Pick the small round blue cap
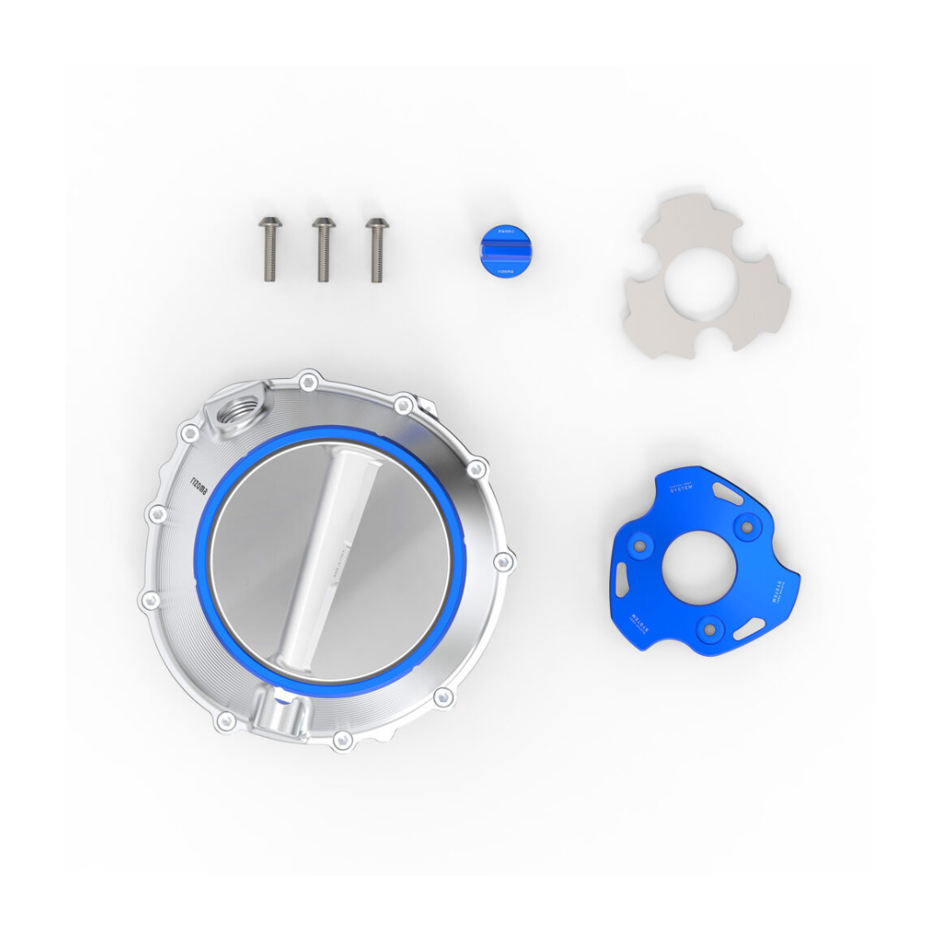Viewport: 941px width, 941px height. click(x=501, y=251)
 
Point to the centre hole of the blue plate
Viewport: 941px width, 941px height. click(x=699, y=571)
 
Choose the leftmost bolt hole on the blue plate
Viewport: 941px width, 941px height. click(x=640, y=546)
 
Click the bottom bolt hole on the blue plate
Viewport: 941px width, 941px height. click(x=711, y=626)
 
